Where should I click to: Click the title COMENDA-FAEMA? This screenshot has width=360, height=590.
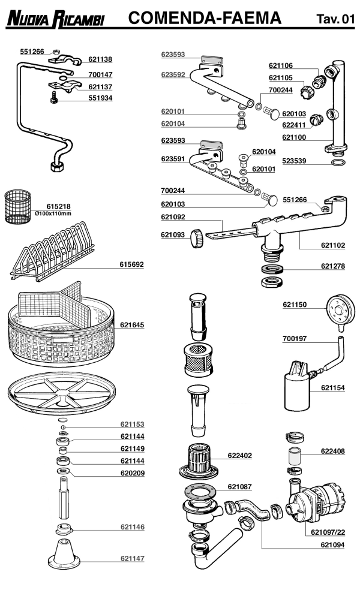tap(205, 19)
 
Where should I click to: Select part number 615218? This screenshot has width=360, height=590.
tap(58, 206)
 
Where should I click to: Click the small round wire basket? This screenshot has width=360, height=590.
tap(20, 207)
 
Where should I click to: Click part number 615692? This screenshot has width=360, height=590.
tap(132, 264)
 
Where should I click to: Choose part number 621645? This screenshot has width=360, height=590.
tap(132, 325)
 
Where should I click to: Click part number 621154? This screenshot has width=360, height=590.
tap(332, 388)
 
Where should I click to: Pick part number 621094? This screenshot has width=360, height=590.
tap(332, 545)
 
